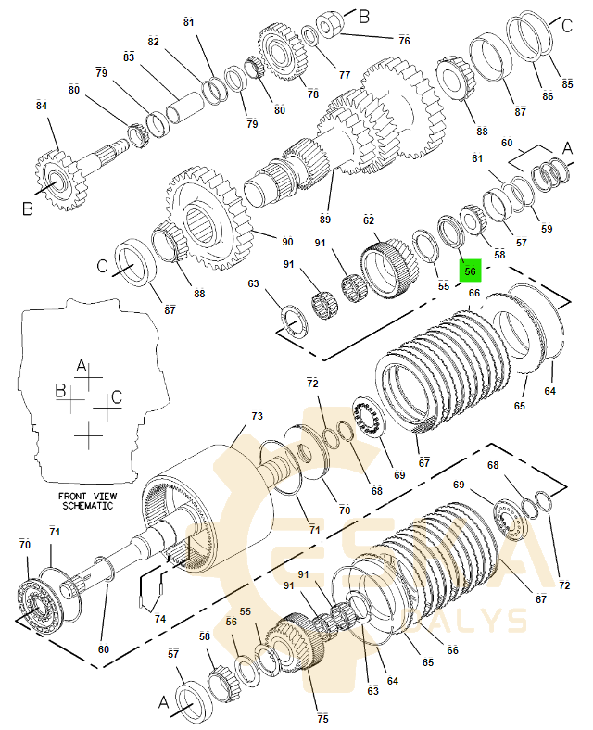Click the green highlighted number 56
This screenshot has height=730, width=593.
pyautogui.click(x=470, y=271)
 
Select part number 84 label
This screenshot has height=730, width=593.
pyautogui.click(x=41, y=107)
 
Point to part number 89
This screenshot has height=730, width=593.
pyautogui.click(x=324, y=220)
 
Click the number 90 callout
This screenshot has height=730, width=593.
pyautogui.click(x=287, y=242)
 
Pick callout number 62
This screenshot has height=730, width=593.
pyautogui.click(x=368, y=220)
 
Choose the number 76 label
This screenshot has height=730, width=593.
pyautogui.click(x=404, y=41)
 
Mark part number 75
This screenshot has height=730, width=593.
pyautogui.click(x=322, y=718)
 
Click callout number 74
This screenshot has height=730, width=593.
pyautogui.click(x=161, y=619)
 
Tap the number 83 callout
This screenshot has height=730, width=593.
pyautogui.click(x=129, y=57)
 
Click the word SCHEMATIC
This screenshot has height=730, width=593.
pyautogui.click(x=87, y=507)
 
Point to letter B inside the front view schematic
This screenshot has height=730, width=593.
pyautogui.click(x=60, y=390)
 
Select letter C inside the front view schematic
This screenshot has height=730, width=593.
pyautogui.click(x=116, y=397)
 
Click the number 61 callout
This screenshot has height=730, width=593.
pyautogui.click(x=478, y=158)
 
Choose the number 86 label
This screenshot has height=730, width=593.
pyautogui.click(x=547, y=95)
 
